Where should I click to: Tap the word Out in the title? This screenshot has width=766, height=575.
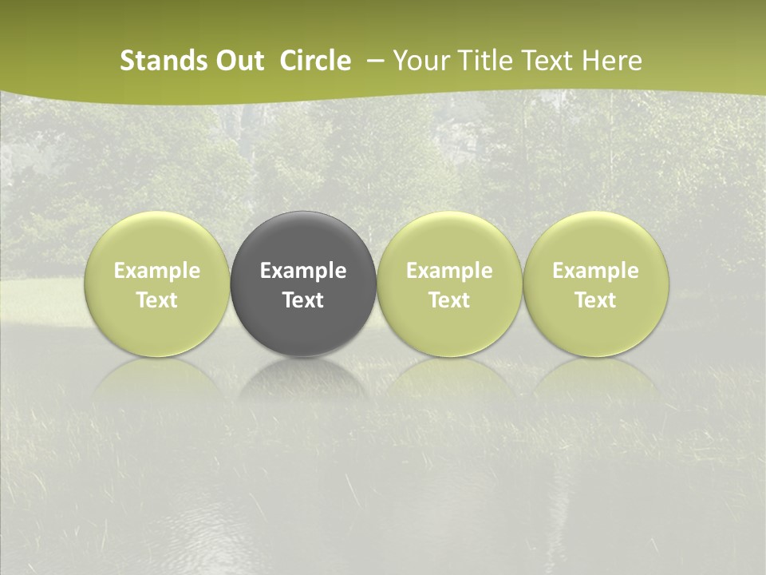point(238,61)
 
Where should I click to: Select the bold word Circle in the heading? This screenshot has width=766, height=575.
point(315,61)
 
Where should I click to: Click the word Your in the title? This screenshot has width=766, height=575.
point(419,61)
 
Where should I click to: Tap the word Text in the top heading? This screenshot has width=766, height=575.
point(547,61)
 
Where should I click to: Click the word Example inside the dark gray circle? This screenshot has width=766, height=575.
point(303,271)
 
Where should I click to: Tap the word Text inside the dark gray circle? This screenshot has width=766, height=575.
point(303,300)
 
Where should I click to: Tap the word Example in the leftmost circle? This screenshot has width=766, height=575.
point(157,271)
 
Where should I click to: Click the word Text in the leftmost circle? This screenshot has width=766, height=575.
point(157,300)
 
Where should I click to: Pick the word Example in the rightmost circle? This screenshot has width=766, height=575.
point(595,271)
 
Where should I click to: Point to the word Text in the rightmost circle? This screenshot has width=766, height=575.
point(595,300)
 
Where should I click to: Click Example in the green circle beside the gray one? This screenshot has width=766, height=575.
point(449,271)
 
